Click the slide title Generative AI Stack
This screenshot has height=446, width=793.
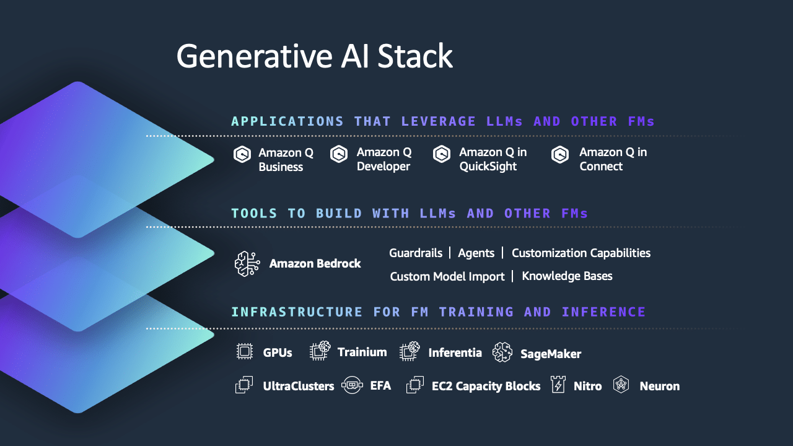(x=314, y=56)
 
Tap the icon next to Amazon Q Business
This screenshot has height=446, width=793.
(x=242, y=154)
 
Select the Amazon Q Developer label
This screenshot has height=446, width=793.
(x=383, y=159)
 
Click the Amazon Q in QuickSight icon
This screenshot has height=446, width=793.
(x=442, y=154)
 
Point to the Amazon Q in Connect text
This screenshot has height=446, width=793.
(x=613, y=159)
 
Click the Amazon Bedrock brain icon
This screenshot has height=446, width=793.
(x=247, y=264)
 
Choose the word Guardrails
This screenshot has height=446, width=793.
(x=416, y=253)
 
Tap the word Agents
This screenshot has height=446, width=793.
(x=476, y=253)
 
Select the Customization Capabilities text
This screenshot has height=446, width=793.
(x=581, y=253)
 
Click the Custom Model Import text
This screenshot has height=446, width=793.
(x=447, y=276)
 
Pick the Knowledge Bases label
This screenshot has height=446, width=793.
(x=567, y=276)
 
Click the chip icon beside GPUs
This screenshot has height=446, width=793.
(x=245, y=352)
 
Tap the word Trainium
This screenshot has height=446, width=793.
(x=362, y=352)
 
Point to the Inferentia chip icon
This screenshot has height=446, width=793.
(x=410, y=351)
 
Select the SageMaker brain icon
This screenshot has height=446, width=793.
(x=502, y=352)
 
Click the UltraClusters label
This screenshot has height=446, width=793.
(x=298, y=386)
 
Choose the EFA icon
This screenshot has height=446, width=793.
(x=352, y=385)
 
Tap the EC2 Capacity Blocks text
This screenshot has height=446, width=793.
(x=486, y=386)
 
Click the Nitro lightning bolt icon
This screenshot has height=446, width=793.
(x=558, y=385)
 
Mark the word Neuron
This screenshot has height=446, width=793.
(x=659, y=386)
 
